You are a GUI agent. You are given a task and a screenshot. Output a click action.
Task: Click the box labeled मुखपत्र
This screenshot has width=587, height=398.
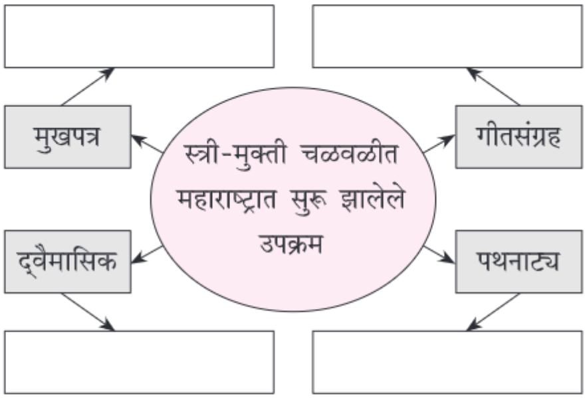pos(68,137)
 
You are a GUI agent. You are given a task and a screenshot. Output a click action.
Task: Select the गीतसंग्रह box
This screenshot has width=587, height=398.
pos(519,137)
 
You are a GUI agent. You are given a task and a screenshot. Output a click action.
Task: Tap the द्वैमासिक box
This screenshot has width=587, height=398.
pos(68,262)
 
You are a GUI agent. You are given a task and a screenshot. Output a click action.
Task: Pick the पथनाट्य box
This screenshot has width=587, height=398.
pos(519,262)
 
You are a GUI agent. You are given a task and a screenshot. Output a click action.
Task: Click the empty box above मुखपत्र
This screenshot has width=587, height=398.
pos(139,37)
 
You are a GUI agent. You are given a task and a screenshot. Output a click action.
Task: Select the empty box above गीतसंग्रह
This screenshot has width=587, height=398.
pos(447,37)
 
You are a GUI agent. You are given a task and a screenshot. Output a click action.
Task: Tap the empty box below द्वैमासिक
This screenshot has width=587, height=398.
pos(139,362)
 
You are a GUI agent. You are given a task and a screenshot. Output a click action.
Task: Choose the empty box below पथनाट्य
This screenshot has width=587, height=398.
pos(447,362)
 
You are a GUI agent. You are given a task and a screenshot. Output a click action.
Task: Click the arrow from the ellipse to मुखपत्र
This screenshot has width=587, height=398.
pos(147,144)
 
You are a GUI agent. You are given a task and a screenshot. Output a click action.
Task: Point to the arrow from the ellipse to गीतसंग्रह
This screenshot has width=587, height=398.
pos(439,144)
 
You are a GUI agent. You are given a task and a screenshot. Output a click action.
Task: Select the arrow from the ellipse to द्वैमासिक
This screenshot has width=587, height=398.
pos(147,254)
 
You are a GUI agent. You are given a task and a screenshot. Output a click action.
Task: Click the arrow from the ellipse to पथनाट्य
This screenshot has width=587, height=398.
pos(439,254)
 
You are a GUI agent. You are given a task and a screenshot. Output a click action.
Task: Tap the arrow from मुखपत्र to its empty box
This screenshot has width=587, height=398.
pos(88,86)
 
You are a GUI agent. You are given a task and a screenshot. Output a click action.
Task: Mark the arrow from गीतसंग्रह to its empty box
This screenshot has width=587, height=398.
pos(493,86)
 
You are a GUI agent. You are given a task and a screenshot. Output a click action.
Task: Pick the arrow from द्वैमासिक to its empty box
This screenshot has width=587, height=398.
pos(88,312)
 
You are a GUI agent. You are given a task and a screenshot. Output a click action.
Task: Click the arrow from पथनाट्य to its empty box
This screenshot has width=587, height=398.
pos(493,312)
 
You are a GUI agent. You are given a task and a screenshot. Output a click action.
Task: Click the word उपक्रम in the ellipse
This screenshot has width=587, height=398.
pos(291,245)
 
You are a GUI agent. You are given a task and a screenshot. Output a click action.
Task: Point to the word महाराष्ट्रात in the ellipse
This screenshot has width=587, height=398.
pos(227,199)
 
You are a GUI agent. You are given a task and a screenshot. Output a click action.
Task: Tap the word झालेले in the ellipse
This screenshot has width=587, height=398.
pos(373,199)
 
